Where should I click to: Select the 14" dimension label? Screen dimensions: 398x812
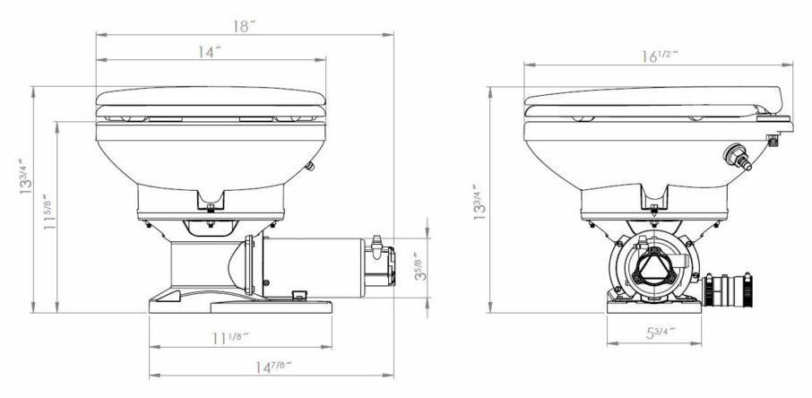coord(209,52)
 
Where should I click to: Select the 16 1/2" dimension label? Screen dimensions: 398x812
coord(659,57)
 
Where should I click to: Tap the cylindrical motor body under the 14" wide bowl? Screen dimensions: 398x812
coord(314,265)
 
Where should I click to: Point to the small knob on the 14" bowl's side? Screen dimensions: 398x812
coord(310,164)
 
